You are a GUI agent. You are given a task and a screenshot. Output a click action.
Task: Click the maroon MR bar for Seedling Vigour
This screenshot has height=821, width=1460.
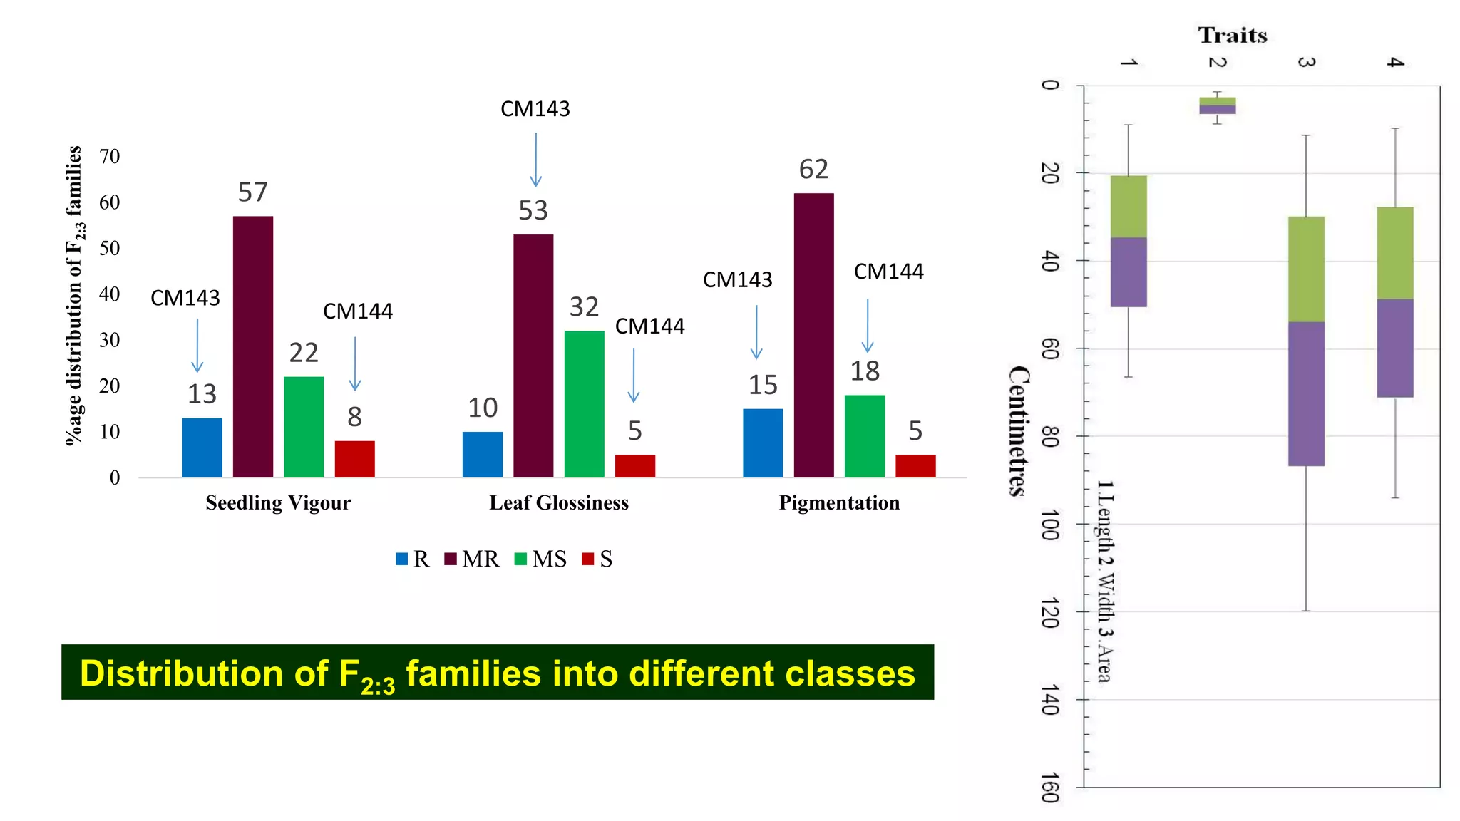pos(252,347)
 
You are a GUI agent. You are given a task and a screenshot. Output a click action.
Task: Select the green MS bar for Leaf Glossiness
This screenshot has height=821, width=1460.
pos(584,404)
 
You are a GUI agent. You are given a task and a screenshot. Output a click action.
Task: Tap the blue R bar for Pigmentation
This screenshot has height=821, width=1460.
pos(762,443)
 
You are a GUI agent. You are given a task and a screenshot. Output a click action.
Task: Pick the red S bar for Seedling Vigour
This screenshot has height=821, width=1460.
pos(354,459)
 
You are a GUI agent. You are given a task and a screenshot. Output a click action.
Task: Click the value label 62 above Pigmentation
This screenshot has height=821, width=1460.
pos(813,170)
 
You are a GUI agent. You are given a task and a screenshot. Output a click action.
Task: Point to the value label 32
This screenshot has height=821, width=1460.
pos(584,307)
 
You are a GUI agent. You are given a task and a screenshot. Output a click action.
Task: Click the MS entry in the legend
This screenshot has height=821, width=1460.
pos(541,559)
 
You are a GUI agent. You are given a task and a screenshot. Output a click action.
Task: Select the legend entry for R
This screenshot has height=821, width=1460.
pos(413,559)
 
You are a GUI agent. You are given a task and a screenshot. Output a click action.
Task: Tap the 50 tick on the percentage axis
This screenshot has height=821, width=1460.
pos(109,248)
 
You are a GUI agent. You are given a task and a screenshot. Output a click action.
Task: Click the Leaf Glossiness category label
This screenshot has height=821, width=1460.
pos(559,503)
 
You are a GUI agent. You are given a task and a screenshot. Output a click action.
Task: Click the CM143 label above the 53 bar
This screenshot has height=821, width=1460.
pos(535,109)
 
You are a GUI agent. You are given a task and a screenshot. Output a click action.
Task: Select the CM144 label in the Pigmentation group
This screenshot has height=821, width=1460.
pos(888,272)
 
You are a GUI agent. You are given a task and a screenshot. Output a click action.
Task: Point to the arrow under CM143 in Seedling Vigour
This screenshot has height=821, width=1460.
pos(197,346)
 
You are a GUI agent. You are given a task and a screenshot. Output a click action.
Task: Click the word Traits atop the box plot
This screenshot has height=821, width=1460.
pos(1232,36)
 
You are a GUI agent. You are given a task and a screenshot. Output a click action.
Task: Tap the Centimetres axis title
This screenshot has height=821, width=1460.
pos(1019,430)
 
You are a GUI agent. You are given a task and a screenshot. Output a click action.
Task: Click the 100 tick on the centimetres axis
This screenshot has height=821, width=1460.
pos(1049,525)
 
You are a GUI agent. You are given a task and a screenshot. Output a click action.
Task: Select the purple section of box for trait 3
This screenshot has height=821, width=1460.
pos(1306,393)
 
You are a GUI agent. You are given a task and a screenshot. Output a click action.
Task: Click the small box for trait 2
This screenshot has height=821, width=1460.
pos(1217,105)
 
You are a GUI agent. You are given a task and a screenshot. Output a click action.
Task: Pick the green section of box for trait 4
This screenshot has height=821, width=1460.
pos(1395,253)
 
